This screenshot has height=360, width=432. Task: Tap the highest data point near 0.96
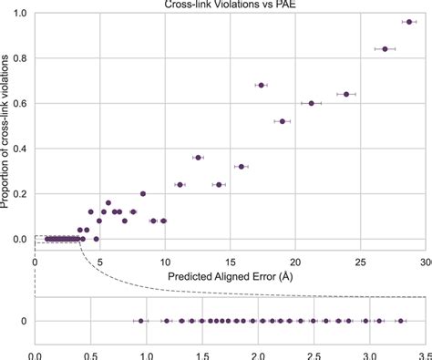408,21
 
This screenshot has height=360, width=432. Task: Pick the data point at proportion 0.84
385,48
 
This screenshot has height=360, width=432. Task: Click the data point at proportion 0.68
262,85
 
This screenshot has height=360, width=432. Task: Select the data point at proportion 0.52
283,121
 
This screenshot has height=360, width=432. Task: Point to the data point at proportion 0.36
198,158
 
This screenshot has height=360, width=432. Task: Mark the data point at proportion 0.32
241,167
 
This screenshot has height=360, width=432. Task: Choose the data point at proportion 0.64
346,94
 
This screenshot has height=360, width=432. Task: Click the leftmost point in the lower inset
140,321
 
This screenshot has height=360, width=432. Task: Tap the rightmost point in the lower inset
399,321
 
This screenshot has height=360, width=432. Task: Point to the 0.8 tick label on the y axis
18,57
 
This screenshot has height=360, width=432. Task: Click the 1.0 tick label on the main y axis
18,13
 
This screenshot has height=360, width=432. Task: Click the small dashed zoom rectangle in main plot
57,239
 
